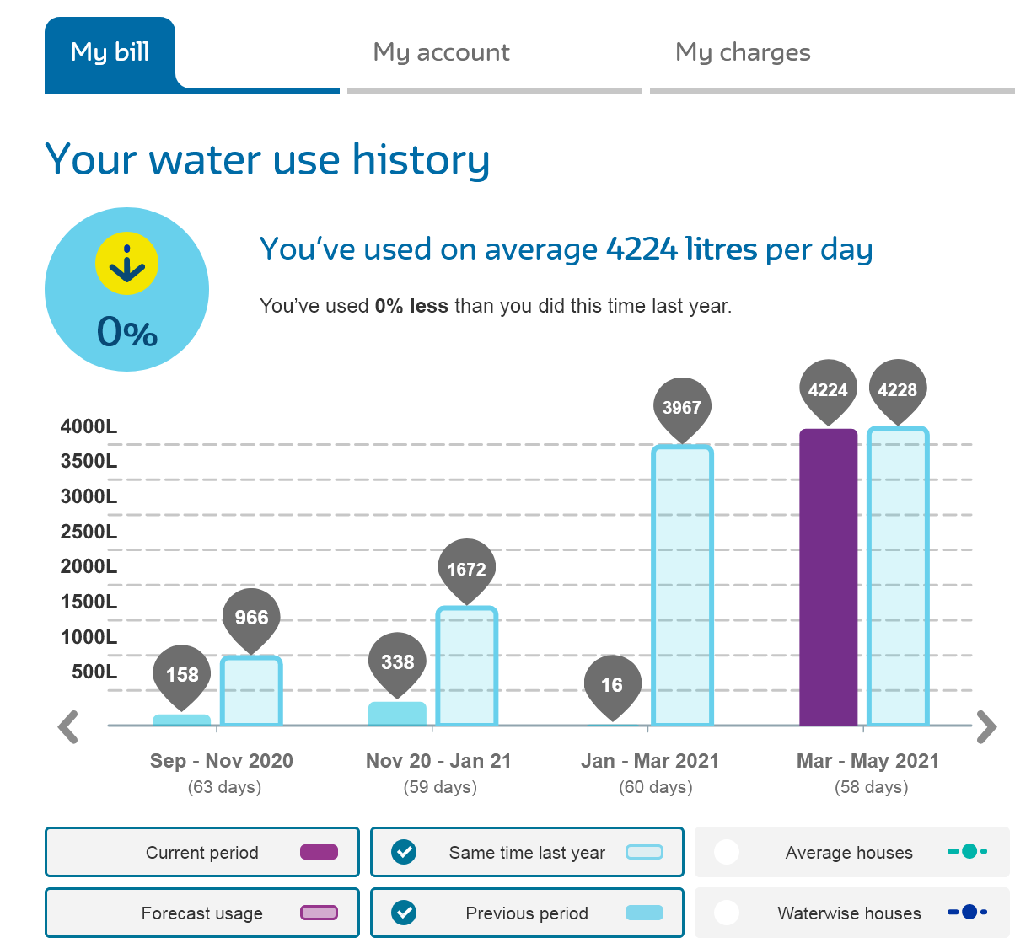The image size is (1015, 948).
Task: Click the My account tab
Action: pyautogui.click(x=441, y=52)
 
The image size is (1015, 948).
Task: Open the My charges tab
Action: pyautogui.click(x=743, y=52)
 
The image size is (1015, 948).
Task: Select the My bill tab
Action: pyautogui.click(x=110, y=52)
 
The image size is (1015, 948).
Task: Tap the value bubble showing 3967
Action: pyautogui.click(x=682, y=407)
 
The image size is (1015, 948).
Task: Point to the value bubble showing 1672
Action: pyautogui.click(x=466, y=569)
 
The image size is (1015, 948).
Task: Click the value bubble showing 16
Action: pyautogui.click(x=612, y=684)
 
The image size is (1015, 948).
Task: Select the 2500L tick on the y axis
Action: pyautogui.click(x=89, y=532)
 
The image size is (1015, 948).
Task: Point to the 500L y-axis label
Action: pyautogui.click(x=94, y=672)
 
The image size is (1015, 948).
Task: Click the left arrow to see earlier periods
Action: pyautogui.click(x=68, y=727)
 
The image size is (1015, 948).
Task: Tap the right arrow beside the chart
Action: pyautogui.click(x=986, y=727)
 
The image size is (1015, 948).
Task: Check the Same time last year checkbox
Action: pyautogui.click(x=405, y=852)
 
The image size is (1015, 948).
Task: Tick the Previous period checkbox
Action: pyautogui.click(x=405, y=913)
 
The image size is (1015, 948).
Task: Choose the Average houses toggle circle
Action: pyautogui.click(x=727, y=852)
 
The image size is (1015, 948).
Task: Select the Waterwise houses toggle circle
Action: pyautogui.click(x=727, y=913)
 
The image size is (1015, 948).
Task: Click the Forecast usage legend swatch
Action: pyautogui.click(x=319, y=913)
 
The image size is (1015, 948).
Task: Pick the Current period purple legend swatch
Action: pyautogui.click(x=319, y=852)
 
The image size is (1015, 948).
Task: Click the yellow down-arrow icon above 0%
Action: pyautogui.click(x=126, y=264)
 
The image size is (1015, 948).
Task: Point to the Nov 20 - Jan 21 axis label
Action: pyautogui.click(x=438, y=761)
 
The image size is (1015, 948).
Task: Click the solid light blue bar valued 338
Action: pyautogui.click(x=397, y=714)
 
